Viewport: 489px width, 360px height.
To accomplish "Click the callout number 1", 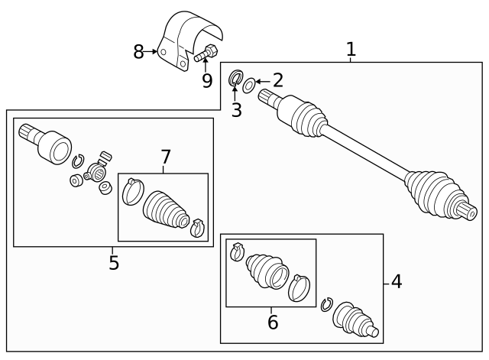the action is (351, 49).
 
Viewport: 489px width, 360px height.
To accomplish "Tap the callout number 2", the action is (277, 80).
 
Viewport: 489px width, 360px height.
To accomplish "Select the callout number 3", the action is (237, 110).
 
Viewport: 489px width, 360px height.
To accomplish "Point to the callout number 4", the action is (397, 282).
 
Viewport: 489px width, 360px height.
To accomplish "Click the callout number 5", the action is (114, 263).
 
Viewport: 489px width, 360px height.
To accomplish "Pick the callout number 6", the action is (273, 322).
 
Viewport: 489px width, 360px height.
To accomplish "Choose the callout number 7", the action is (165, 157).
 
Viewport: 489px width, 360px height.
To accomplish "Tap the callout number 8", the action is (138, 52).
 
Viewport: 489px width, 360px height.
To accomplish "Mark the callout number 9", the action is (207, 80).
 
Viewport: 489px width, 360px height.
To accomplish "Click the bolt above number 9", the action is (206, 53).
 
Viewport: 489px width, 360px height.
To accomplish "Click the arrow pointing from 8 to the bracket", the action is (151, 51).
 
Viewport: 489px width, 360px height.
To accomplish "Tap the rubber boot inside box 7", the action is (166, 212).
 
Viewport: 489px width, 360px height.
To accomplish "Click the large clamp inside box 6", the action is (300, 287).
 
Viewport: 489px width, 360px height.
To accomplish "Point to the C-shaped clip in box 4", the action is (327, 304).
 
